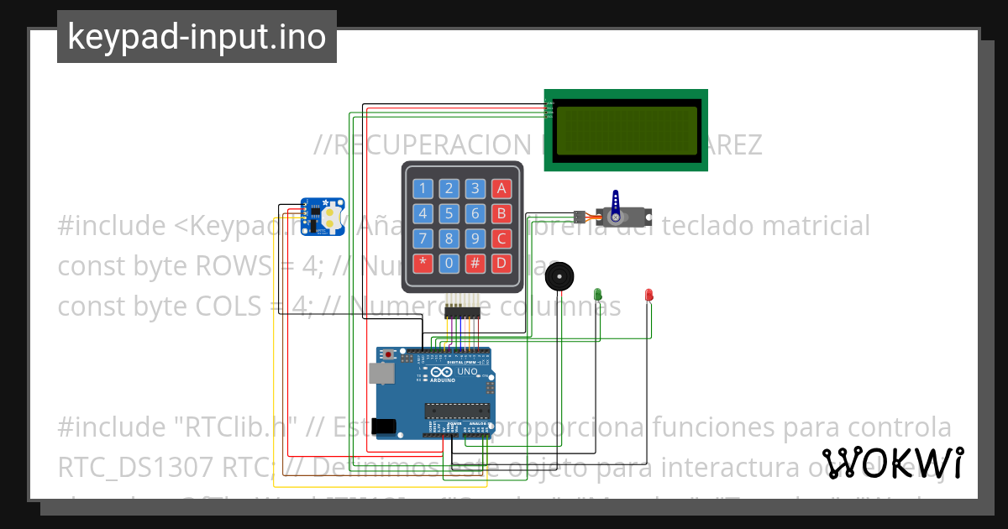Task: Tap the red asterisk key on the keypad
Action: pos(423,263)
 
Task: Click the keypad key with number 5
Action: pos(449,213)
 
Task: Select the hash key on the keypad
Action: pos(475,263)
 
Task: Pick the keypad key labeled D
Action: pos(501,263)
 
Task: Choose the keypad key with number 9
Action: pos(475,238)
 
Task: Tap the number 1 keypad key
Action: pos(423,188)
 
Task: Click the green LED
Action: pos(598,294)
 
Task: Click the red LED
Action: pos(648,294)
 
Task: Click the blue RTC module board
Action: pos(323,217)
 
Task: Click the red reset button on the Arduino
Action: pos(387,355)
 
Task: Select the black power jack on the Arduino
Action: pos(385,427)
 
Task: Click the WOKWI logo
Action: pos(893,463)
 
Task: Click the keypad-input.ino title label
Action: pos(197,37)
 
